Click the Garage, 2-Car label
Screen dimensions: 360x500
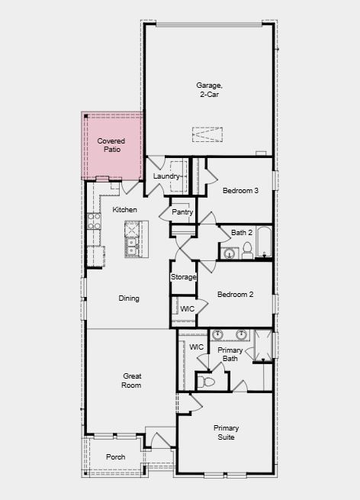tap(209, 89)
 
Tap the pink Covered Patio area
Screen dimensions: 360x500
tap(112, 146)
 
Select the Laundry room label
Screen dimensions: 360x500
tap(166, 176)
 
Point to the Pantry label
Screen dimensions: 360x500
tap(182, 211)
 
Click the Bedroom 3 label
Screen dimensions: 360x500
tap(240, 191)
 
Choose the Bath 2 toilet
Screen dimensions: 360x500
tap(247, 250)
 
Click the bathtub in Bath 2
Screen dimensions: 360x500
tap(264, 242)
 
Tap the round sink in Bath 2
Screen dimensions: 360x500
tap(229, 254)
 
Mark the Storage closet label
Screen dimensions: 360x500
tap(184, 277)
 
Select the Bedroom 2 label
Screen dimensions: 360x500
tap(236, 295)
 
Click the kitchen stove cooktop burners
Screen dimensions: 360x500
tap(95, 221)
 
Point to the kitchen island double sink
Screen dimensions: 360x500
tap(132, 247)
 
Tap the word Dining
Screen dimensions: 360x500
tap(129, 298)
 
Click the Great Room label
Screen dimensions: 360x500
tap(132, 381)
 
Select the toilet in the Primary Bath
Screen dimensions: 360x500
tap(205, 382)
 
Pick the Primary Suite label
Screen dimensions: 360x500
tap(227, 432)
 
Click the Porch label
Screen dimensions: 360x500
tap(116, 457)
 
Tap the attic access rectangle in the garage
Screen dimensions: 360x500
tap(207, 134)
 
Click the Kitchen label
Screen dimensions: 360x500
tap(124, 209)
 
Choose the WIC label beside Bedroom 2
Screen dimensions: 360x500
tap(187, 309)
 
